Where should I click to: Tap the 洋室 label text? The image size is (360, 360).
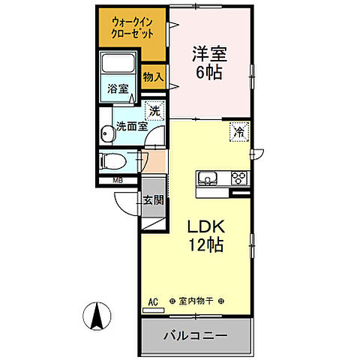(x=210, y=54)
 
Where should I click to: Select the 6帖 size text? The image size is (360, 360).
(x=210, y=72)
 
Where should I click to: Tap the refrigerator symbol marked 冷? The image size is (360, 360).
(x=238, y=130)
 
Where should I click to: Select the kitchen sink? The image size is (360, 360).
(x=207, y=178)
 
